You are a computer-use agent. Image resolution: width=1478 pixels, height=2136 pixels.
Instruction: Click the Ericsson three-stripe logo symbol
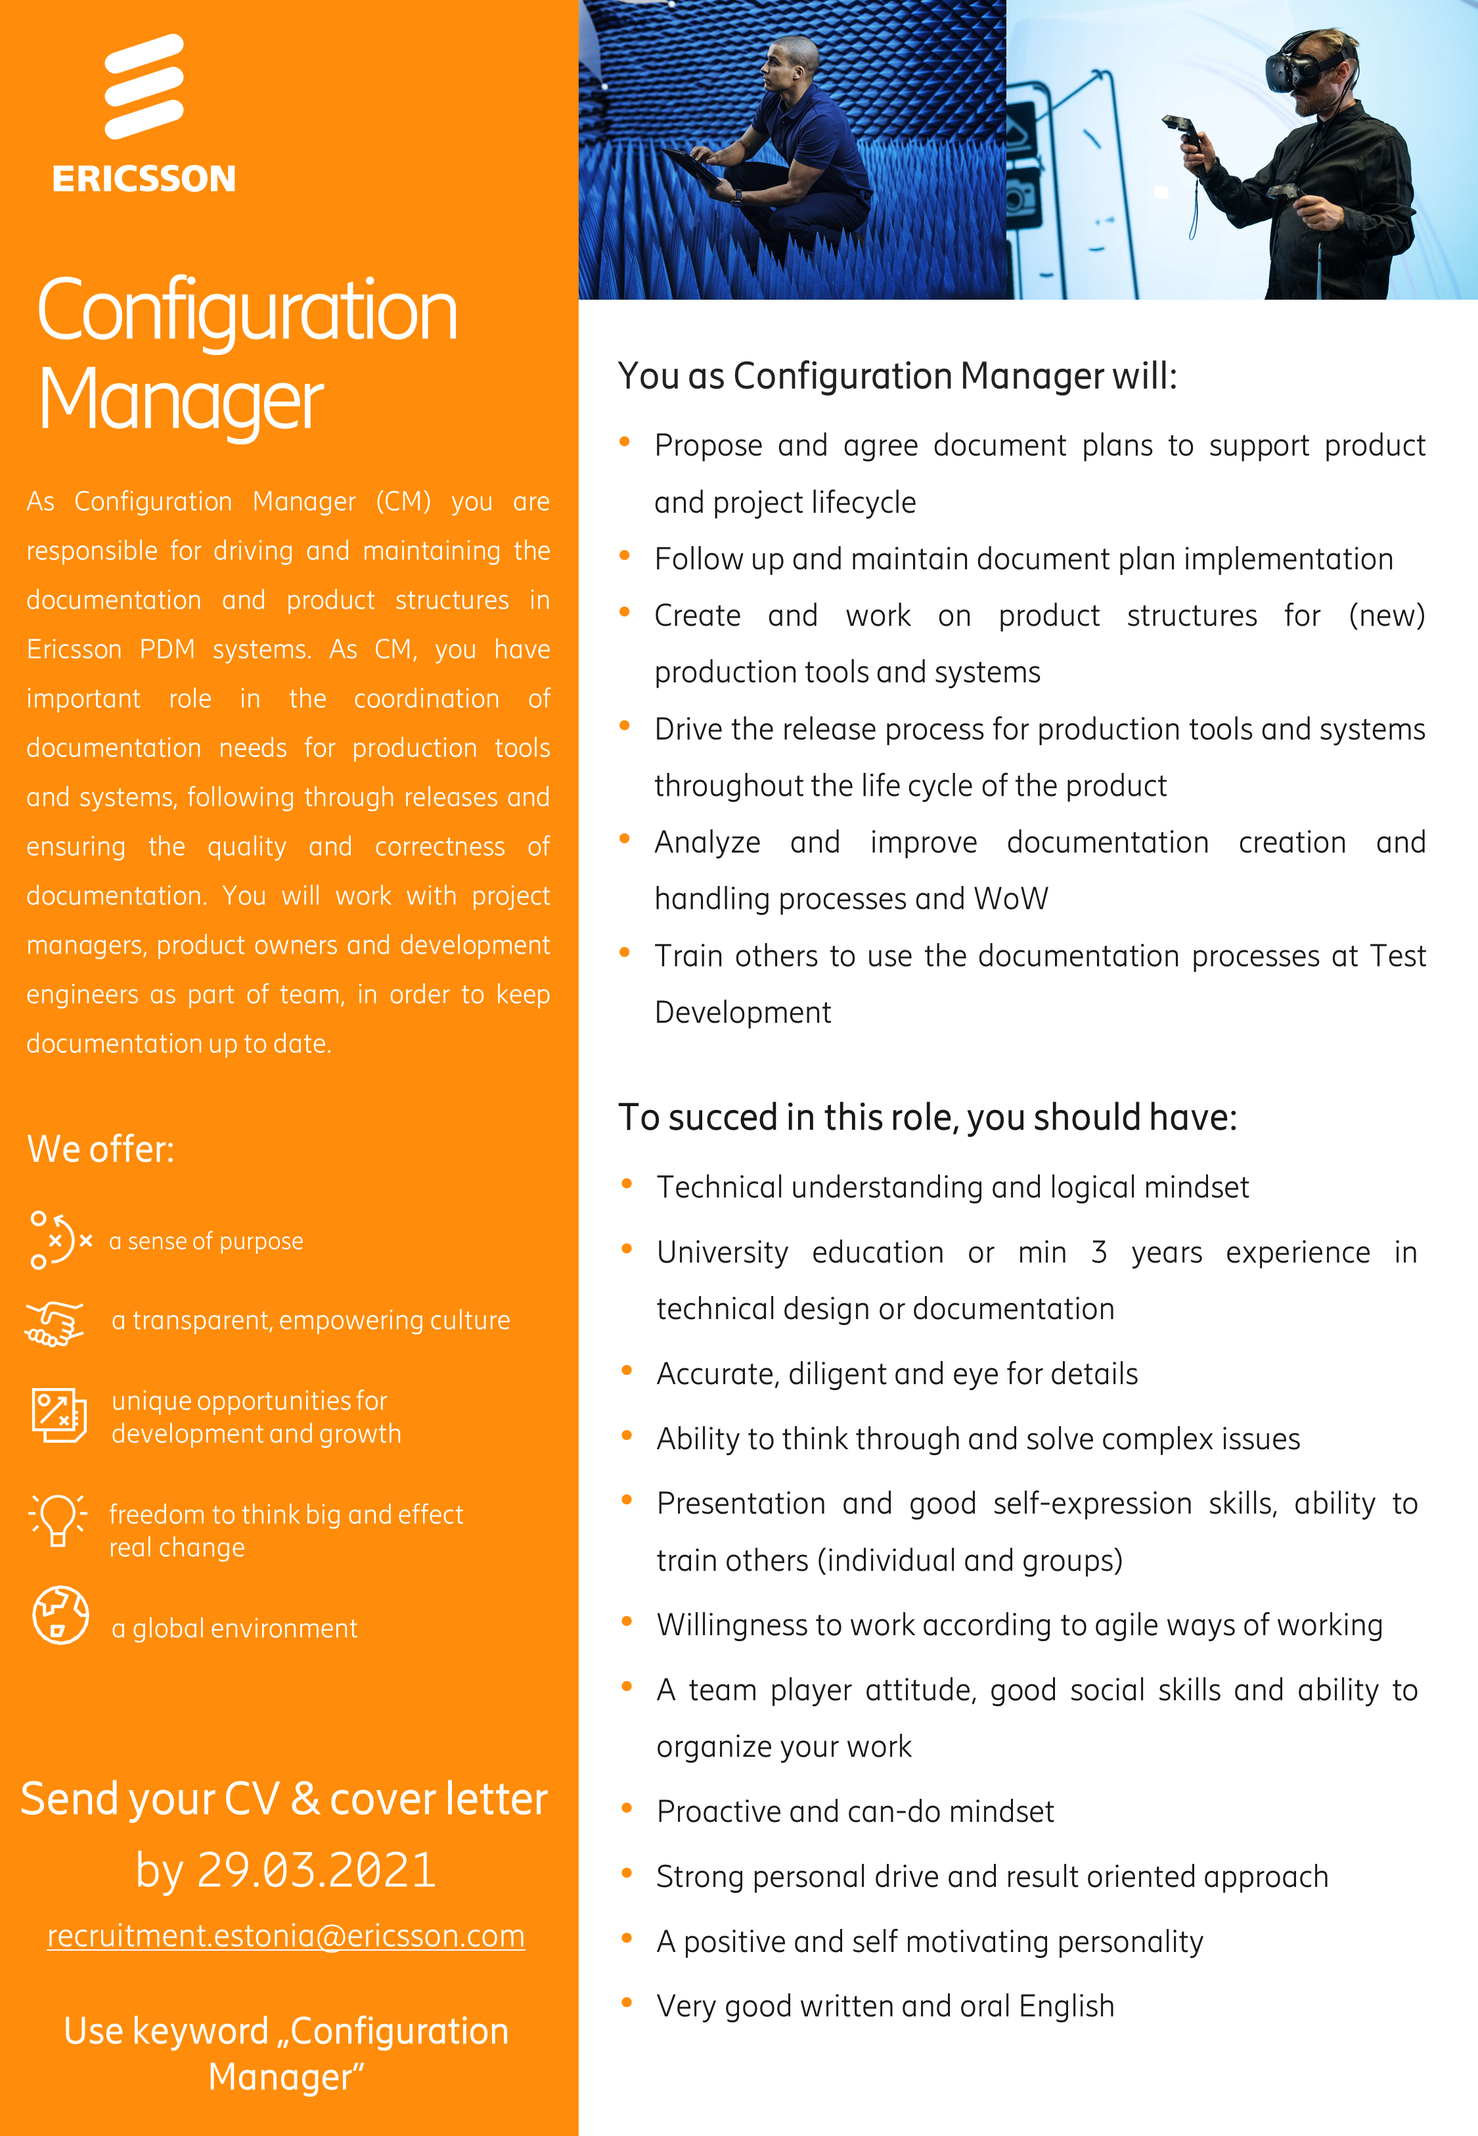pos(145,86)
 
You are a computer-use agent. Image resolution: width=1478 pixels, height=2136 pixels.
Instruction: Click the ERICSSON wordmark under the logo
pos(145,179)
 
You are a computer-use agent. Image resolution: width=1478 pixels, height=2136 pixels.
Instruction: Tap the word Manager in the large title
pos(181,400)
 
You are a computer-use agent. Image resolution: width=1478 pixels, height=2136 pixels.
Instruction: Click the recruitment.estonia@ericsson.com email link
pos(286,1936)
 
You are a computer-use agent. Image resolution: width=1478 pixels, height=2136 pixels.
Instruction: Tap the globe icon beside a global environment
pos(60,1615)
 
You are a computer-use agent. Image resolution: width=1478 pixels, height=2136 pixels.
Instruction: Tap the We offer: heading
pos(100,1149)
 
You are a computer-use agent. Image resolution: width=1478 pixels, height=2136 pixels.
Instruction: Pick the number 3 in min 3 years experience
pos(1098,1252)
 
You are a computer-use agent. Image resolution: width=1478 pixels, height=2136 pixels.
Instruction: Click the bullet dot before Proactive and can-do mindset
pos(627,1808)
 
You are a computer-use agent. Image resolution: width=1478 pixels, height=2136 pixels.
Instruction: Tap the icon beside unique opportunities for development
pos(58,1414)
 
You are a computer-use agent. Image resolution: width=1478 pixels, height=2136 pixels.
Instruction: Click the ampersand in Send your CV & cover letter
pos(305,1799)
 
